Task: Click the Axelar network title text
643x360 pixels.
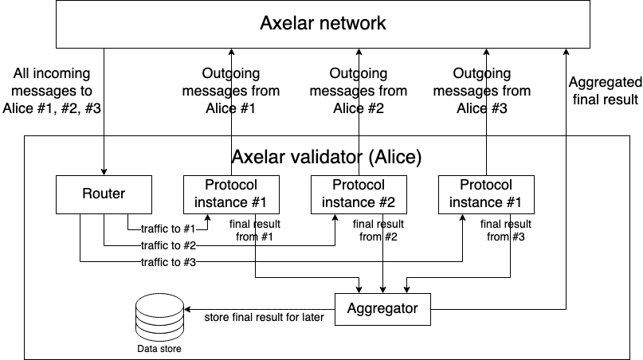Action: click(x=323, y=23)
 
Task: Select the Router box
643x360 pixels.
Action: click(x=104, y=194)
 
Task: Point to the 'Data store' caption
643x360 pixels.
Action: click(x=159, y=349)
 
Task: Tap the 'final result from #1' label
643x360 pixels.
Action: click(x=253, y=230)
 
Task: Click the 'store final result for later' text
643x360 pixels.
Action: click(x=264, y=316)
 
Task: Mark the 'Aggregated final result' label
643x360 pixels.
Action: click(x=605, y=91)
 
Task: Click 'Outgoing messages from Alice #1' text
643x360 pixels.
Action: click(x=230, y=91)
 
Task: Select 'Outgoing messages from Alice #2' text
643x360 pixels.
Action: click(x=359, y=91)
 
